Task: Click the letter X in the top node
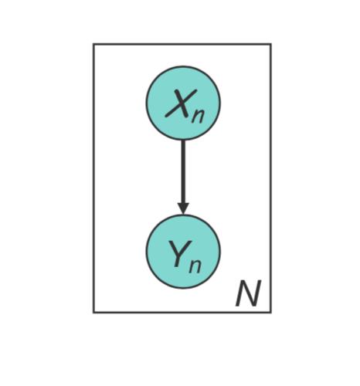point(182,103)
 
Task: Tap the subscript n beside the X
point(198,116)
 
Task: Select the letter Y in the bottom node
point(180,254)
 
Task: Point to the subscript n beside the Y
point(195,266)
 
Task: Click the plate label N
point(249,293)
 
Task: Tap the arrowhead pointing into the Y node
point(183,208)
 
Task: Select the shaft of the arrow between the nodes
point(183,171)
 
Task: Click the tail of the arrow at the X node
point(183,141)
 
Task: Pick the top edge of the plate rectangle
point(182,45)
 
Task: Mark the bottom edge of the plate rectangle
point(182,312)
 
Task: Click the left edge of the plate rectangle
point(94,178)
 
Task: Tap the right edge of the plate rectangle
point(270,178)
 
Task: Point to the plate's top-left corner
point(94,45)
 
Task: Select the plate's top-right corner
point(270,45)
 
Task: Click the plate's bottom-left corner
point(94,312)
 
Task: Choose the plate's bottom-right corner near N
point(270,312)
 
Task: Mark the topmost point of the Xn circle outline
point(183,66)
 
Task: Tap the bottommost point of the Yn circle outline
point(183,288)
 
